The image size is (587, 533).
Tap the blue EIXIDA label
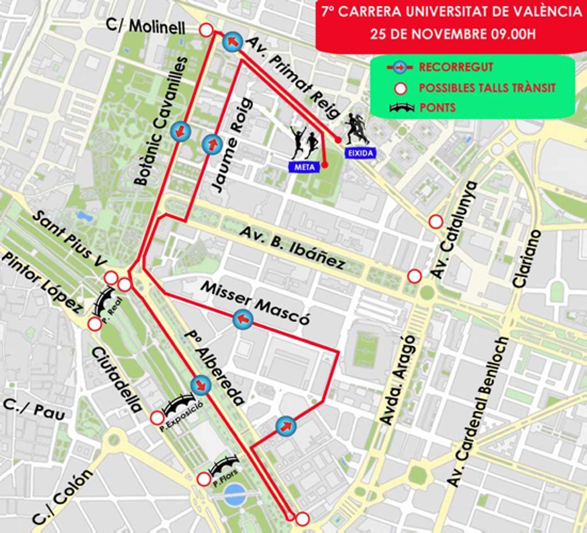tap(361, 153)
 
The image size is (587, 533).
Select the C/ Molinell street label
tap(145, 27)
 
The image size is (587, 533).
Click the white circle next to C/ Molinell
tap(206, 30)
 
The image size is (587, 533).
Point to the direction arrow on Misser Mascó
tap(243, 319)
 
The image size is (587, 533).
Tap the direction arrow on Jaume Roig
tap(212, 144)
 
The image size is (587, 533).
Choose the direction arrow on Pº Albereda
tap(201, 385)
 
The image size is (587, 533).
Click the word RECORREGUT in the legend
tap(456, 67)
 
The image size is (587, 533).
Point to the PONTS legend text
tap(437, 107)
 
